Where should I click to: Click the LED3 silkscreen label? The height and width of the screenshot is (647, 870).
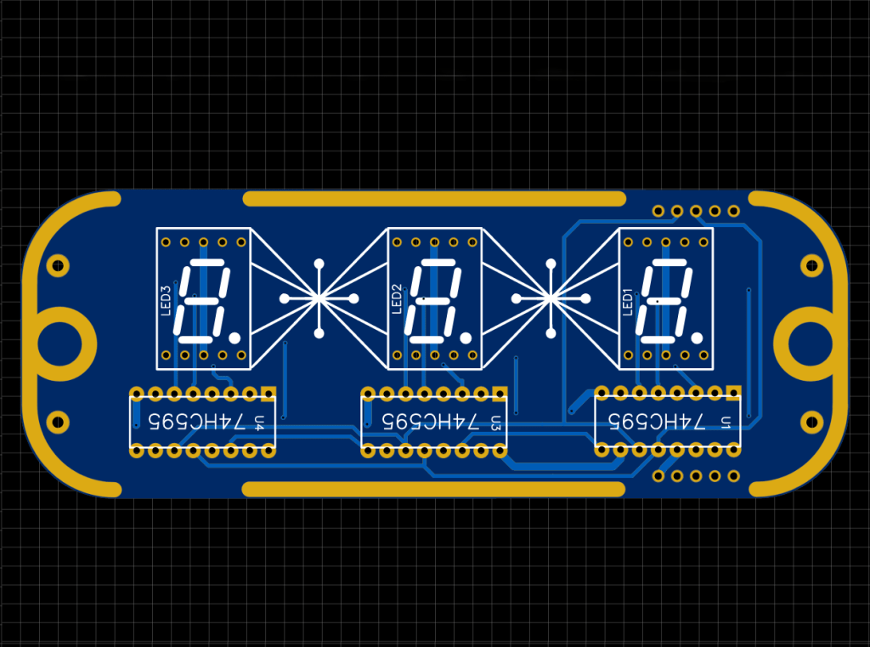tap(167, 300)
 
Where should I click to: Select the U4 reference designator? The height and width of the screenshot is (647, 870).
tap(258, 421)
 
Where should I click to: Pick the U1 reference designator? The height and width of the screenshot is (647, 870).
tap(726, 421)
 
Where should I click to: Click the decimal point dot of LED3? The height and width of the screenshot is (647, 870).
tap(235, 338)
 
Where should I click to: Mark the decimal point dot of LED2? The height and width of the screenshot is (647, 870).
tap(466, 338)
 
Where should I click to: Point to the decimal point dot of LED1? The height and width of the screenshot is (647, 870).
tap(698, 338)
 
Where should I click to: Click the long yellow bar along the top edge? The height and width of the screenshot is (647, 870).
tap(434, 199)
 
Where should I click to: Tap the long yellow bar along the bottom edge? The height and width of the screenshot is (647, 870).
tap(434, 489)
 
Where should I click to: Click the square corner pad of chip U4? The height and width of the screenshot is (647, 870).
tap(268, 394)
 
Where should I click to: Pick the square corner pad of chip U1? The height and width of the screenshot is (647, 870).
tap(732, 393)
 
